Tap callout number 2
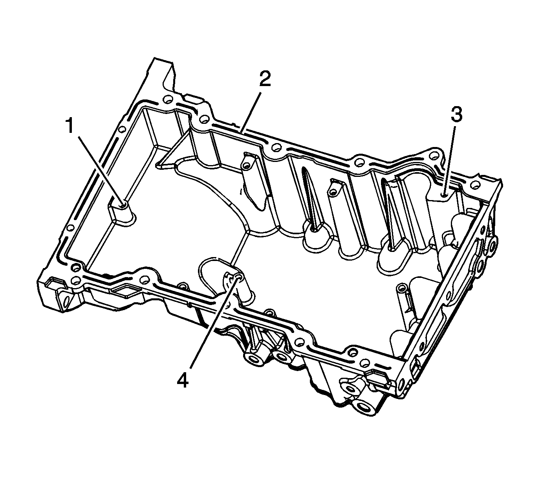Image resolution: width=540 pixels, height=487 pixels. [265, 79]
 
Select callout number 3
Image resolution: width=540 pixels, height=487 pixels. [457, 114]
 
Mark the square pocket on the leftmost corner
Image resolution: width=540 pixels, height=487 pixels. [55, 286]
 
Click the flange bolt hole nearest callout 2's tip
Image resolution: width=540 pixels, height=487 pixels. [275, 147]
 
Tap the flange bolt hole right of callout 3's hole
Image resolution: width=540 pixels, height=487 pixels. [476, 185]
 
